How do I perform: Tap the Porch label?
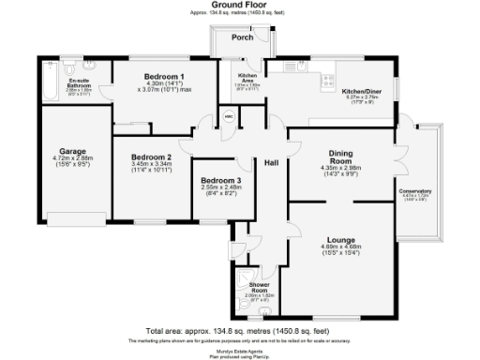[x=242, y=38]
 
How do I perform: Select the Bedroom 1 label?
[x=164, y=75]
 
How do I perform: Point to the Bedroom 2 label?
[x=151, y=157]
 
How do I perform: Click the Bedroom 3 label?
[x=221, y=179]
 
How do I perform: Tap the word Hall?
[x=273, y=162]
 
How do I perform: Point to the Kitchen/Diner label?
[x=361, y=90]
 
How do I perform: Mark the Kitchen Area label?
[x=247, y=78]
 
